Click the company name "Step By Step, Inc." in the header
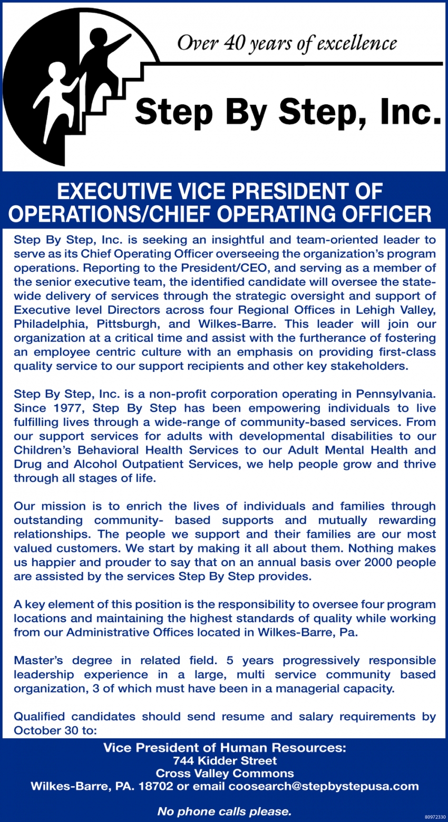pos(288,111)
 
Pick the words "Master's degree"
pos(63,660)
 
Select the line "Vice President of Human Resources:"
pos(225,747)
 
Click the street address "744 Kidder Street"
pos(225,760)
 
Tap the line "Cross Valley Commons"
pos(225,774)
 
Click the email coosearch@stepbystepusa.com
pos(323,787)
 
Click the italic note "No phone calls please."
pos(225,811)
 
